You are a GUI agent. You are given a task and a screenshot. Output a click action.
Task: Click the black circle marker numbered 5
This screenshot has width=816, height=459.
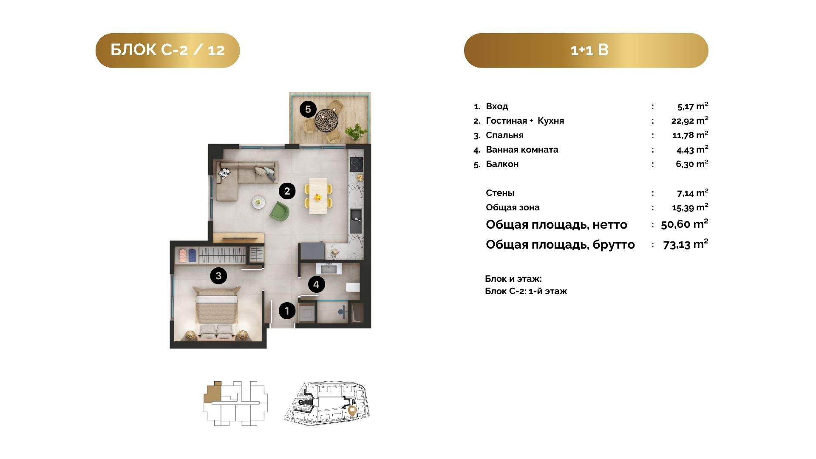point(308,109)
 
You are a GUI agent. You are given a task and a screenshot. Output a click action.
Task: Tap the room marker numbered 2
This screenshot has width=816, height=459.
point(287,191)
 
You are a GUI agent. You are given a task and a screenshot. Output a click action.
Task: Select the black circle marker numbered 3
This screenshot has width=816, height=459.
point(218,276)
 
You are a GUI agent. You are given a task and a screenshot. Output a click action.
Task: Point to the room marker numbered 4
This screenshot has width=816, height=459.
point(316,284)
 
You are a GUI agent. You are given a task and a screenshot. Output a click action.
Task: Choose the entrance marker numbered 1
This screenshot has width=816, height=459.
point(287,311)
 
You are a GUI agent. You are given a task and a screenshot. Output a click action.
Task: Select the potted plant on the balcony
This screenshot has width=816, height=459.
point(356,131)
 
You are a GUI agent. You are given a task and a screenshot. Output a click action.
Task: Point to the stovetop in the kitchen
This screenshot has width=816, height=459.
point(356,164)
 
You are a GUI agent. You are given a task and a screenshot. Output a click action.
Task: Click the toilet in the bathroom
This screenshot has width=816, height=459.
point(353,287)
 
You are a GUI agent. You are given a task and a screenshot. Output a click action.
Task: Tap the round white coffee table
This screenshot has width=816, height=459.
point(258,202)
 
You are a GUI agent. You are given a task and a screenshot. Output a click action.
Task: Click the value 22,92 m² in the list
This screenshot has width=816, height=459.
point(690,120)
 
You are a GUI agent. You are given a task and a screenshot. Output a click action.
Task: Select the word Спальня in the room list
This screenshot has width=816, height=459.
point(504,135)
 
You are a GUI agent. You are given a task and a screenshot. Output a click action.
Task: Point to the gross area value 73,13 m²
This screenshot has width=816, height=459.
point(686,244)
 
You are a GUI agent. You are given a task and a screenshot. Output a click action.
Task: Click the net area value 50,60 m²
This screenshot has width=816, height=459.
point(685,224)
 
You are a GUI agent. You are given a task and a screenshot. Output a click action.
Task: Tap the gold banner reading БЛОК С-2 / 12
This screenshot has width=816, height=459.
point(167,50)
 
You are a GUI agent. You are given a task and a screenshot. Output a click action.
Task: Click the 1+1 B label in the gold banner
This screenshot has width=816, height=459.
point(589,50)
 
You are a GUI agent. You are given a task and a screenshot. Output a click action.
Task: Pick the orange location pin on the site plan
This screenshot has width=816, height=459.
point(352,411)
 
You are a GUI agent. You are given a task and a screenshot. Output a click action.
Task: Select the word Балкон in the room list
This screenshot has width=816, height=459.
point(502,164)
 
